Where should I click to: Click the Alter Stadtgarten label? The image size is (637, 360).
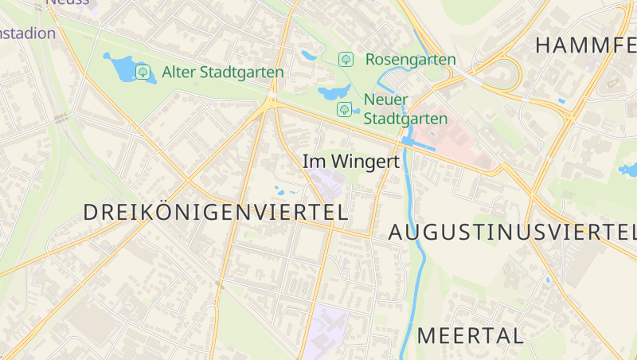222,72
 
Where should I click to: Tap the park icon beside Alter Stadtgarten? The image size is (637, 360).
143,72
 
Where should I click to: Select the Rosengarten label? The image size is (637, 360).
410,59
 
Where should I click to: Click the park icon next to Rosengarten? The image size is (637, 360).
346,59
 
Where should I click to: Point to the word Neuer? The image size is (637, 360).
385,100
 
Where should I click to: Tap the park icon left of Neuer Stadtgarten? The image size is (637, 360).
344,108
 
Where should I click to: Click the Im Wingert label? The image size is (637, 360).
350,162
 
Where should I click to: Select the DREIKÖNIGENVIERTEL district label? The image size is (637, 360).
216,213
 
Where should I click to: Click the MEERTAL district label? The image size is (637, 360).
470,335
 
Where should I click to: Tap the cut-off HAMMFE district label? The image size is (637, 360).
585,45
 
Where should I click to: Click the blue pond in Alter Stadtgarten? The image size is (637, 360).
119,67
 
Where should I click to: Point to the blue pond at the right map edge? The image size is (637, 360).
628,169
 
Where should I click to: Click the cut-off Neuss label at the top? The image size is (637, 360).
68,3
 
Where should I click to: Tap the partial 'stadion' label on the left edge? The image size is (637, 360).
28,33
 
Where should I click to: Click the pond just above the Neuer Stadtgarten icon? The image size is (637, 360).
333,92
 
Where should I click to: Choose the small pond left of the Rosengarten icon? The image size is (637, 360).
310,56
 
